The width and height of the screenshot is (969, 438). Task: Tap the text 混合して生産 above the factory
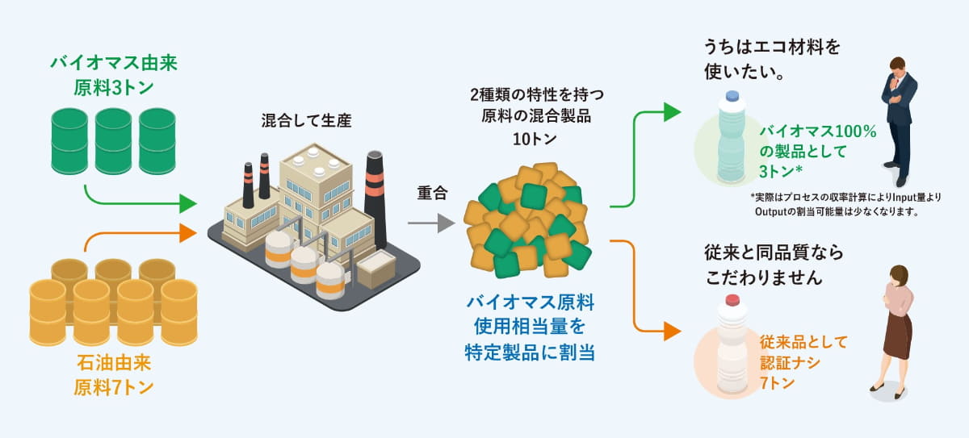(x=305, y=121)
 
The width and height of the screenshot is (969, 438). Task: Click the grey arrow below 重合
(x=431, y=223)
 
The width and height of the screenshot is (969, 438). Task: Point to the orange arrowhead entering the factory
(x=187, y=234)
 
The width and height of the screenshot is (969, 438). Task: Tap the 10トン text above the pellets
(x=535, y=139)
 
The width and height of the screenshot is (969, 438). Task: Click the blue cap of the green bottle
(x=732, y=96)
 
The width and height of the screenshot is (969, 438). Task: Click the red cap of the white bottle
(x=732, y=300)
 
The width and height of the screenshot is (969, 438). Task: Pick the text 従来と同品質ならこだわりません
(x=774, y=265)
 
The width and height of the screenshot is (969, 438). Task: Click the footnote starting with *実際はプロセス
(x=845, y=204)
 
